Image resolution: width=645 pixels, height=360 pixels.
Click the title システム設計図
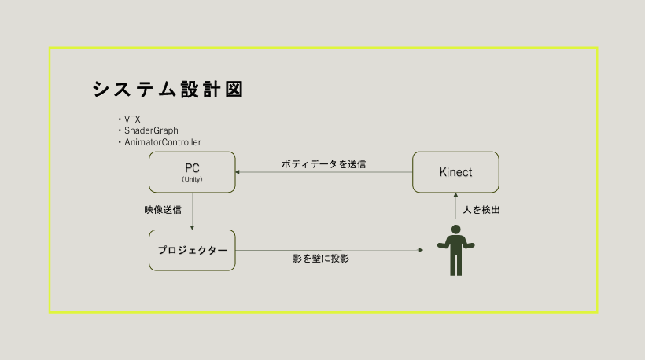pos(168,89)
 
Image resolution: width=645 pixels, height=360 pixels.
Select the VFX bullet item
pos(130,119)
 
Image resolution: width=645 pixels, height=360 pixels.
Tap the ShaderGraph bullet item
pos(149,130)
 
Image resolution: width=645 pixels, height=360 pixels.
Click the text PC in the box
pos(192,168)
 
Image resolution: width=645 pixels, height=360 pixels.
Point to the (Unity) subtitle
pos(192,180)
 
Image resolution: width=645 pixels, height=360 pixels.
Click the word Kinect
pos(455,172)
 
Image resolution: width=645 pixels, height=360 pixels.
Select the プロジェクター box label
pos(192,250)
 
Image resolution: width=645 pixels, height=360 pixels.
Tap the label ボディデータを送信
pos(323,164)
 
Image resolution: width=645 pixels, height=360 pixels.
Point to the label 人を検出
pos(481,211)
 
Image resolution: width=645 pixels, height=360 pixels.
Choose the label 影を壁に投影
pos(320,258)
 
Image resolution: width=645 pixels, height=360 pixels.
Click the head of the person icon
pos(455,230)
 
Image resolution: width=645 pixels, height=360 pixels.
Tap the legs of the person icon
pos(455,265)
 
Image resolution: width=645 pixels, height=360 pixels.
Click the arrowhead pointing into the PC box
pos(239,172)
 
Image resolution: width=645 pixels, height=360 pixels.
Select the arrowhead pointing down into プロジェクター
pos(192,227)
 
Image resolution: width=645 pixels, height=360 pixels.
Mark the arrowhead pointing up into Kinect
pos(455,195)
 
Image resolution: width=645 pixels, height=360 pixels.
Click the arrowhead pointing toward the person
pos(421,250)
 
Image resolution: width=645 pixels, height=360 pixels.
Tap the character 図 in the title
pos(233,89)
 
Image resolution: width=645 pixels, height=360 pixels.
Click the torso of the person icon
pos(455,246)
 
